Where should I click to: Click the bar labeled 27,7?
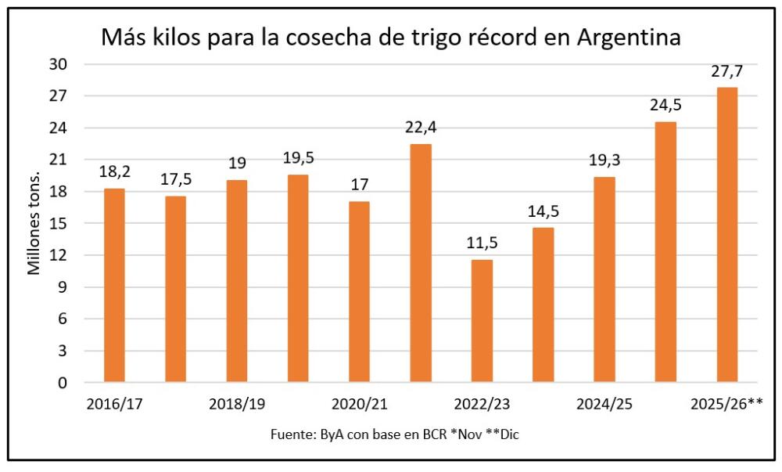[x=726, y=235]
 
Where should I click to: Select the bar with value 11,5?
[x=482, y=321]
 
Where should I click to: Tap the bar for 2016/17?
[x=114, y=286]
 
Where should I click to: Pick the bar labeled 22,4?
[x=421, y=263]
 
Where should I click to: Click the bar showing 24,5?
[x=665, y=252]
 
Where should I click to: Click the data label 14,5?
[x=543, y=212]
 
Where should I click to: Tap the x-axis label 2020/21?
[x=360, y=405]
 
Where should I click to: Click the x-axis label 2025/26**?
[x=726, y=405]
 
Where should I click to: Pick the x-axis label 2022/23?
[x=482, y=405]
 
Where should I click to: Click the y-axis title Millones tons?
[x=34, y=224]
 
